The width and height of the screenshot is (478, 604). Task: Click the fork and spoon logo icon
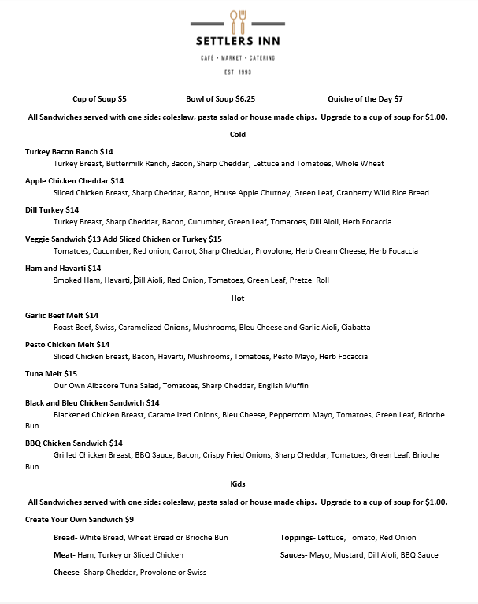[238, 22]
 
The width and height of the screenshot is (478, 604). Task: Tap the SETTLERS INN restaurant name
[238, 42]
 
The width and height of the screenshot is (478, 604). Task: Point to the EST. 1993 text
[238, 72]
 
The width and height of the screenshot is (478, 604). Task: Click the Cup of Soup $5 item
[99, 99]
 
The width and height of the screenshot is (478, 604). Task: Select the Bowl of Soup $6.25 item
[220, 99]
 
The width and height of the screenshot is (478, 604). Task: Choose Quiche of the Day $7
[365, 99]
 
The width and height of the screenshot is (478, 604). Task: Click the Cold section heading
[238, 135]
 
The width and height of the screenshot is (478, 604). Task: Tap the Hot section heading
[238, 298]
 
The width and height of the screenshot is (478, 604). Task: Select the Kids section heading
[238, 484]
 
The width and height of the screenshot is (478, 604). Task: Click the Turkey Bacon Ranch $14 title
[69, 151]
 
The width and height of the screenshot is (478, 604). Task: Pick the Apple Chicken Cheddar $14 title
[75, 180]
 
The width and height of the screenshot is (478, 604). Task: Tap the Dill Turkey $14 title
[52, 209]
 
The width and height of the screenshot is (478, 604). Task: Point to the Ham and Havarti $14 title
[63, 269]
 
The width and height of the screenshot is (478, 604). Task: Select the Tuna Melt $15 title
[51, 373]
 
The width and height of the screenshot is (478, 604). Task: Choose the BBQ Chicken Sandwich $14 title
[74, 443]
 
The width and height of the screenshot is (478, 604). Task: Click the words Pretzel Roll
[310, 280]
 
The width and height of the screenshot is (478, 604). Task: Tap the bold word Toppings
[297, 538]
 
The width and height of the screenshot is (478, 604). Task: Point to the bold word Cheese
[67, 573]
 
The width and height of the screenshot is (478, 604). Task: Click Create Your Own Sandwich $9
[80, 520]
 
